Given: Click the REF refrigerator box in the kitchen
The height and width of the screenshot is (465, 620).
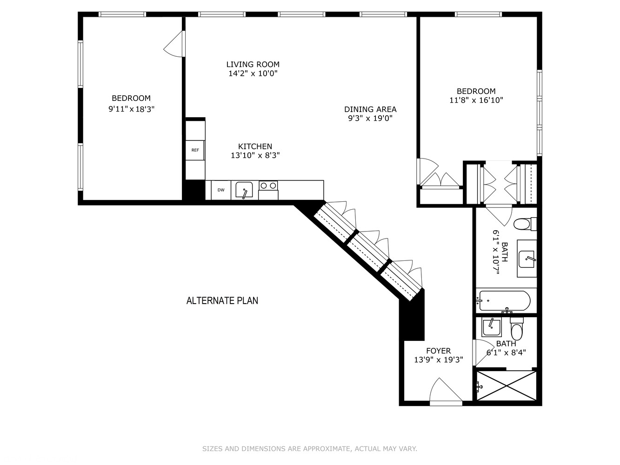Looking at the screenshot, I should (x=195, y=150).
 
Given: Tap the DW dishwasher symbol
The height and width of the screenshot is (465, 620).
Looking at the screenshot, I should (x=221, y=190).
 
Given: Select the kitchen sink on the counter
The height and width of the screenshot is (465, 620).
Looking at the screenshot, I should (x=244, y=190).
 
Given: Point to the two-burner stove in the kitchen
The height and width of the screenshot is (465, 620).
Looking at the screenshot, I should (x=268, y=186).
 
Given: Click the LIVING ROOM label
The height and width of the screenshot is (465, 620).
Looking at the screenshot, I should (x=253, y=64).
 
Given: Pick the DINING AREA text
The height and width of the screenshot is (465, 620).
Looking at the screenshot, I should (x=370, y=109).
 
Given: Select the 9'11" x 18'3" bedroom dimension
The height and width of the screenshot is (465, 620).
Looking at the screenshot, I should (x=131, y=109).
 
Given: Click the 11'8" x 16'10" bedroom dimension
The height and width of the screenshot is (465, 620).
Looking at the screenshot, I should (x=476, y=100).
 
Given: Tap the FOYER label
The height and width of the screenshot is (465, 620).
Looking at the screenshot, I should (x=438, y=351).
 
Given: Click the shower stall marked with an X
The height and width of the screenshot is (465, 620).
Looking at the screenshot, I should (x=506, y=385).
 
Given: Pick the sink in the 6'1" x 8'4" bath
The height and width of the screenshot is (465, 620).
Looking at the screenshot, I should (x=491, y=327).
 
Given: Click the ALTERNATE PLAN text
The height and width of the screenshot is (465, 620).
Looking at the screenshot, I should (x=222, y=300).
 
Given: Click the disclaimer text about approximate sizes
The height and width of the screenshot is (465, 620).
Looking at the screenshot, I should (x=309, y=449).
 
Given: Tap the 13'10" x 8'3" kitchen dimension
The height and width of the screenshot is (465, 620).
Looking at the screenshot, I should (x=255, y=156).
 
